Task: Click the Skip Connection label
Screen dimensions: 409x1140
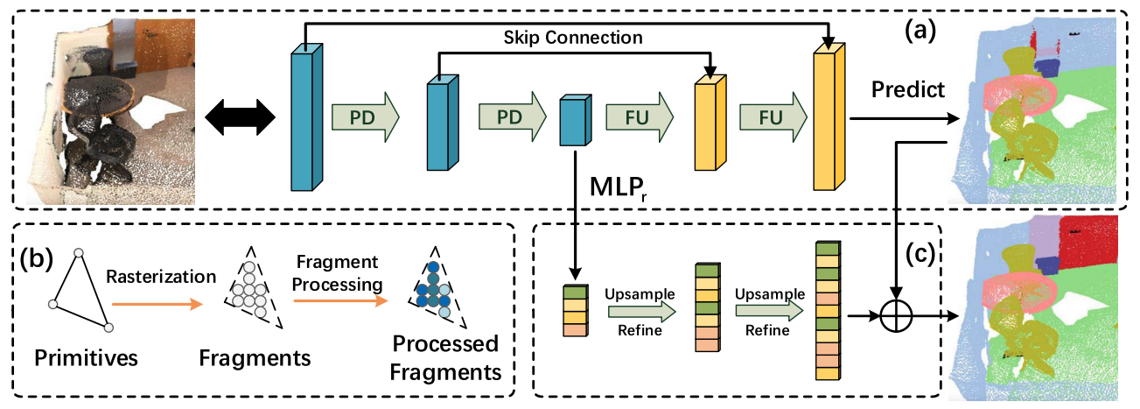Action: [x=573, y=38]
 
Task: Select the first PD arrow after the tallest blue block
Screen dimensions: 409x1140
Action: [x=364, y=116]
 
